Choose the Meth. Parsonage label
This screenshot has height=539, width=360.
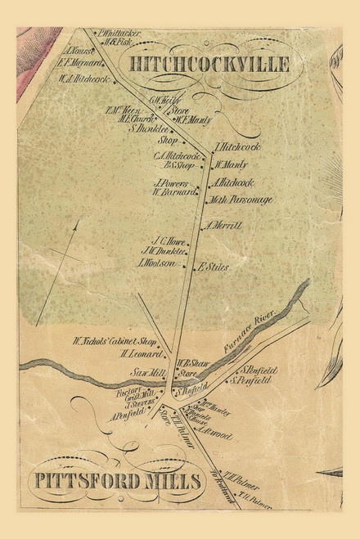point(241,200)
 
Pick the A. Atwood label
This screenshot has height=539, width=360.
point(217,436)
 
